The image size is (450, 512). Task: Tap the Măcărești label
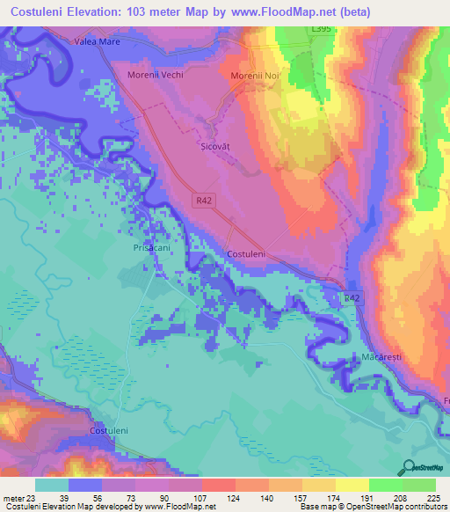[x=381, y=360]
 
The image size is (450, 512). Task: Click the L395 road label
[x=323, y=30]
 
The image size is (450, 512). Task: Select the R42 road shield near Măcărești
[x=352, y=299]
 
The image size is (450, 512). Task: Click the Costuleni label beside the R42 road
[x=246, y=253]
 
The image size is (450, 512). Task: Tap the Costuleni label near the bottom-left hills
[x=111, y=430]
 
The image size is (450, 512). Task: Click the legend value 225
[x=432, y=498]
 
